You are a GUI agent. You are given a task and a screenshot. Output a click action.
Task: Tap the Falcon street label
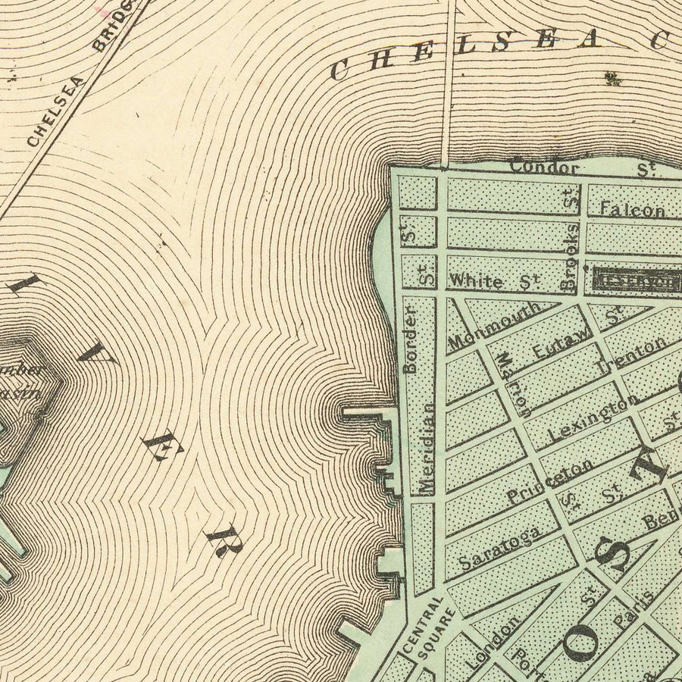coord(632,209)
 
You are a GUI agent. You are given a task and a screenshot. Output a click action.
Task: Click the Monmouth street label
coord(495,327)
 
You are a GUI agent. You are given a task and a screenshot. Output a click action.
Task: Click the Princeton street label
coord(550,483)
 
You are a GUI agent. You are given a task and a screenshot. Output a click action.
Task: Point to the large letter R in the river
coord(221,540)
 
